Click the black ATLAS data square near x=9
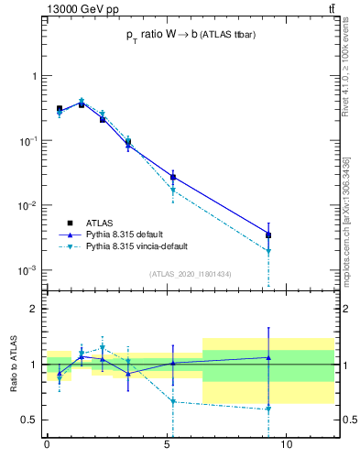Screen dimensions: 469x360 (268, 235)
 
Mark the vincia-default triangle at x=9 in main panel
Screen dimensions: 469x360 (268, 251)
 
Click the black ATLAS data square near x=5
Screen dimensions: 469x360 (172, 177)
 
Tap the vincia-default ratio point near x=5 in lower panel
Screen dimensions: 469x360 (172, 401)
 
